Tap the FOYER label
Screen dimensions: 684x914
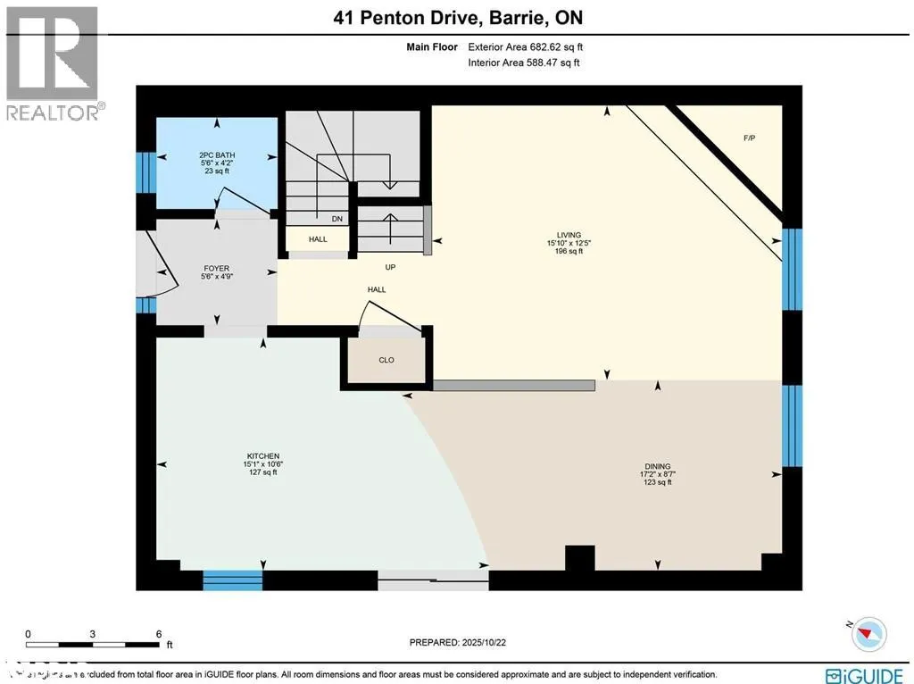coord(216,268)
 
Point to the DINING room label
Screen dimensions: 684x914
coord(657,466)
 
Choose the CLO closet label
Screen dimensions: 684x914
coord(386,360)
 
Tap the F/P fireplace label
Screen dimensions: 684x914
coord(749,138)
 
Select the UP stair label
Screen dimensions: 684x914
coord(389,267)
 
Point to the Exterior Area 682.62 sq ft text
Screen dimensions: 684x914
coord(527,47)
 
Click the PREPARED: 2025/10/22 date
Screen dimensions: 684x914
coord(462,642)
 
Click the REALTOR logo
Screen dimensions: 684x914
coord(54,63)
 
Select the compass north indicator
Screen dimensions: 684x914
coord(867,633)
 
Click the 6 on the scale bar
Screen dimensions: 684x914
coord(158,633)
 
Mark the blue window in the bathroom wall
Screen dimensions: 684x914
coord(141,172)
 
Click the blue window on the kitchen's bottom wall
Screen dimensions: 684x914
coord(232,580)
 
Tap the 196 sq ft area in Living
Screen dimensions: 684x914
coord(568,252)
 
